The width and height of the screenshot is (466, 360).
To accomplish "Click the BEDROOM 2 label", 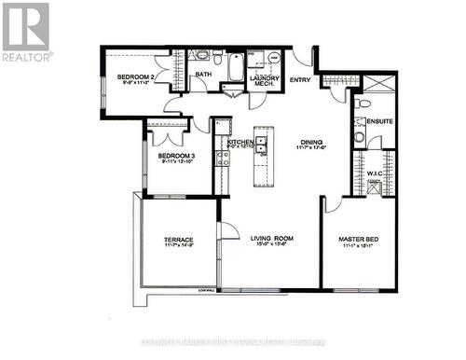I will pyautogui.click(x=136, y=76).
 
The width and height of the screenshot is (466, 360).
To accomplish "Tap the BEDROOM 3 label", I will pyautogui.click(x=175, y=156).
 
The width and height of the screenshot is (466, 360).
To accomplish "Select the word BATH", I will pyautogui.click(x=202, y=76).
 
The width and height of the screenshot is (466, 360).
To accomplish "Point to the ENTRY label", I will pyautogui.click(x=300, y=80).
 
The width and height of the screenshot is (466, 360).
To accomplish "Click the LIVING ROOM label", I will pyautogui.click(x=271, y=239).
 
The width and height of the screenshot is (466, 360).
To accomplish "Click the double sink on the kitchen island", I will pyautogui.click(x=263, y=145).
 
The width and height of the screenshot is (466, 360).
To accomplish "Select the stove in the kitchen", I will pyautogui.click(x=222, y=156).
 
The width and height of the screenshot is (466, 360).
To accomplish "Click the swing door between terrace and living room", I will pyautogui.click(x=224, y=233).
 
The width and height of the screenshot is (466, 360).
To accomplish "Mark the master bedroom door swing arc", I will pyautogui.click(x=333, y=203).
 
